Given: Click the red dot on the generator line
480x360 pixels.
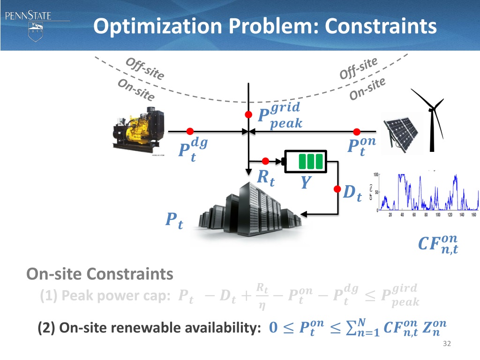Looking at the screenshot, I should (190, 131).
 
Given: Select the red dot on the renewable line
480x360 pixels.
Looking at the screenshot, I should (357, 131).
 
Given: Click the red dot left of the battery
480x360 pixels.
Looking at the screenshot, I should (265, 161).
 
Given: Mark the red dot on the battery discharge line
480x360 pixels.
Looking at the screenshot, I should (337, 189).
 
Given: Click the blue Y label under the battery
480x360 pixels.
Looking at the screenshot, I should (306, 182).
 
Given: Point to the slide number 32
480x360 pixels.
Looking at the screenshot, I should (446, 345).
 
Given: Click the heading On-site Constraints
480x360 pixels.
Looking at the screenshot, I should (100, 273).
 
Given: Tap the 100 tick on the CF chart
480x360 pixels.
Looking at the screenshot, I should (376, 175).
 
